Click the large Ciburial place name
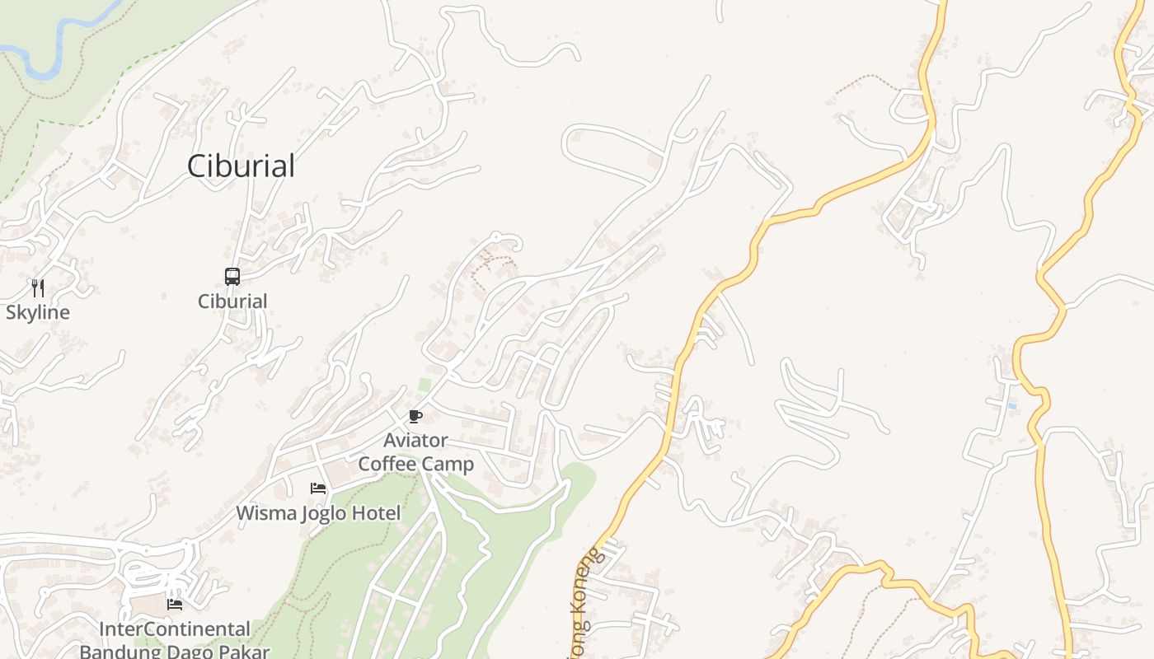241,166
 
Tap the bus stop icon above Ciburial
232,277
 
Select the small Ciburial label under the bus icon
232,301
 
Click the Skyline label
38,313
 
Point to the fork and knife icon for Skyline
37,287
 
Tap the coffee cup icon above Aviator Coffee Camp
415,416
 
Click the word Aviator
415,441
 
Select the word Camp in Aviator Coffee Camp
446,464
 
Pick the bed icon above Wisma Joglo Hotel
318,488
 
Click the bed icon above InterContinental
175,604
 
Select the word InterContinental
174,629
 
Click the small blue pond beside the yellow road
1011,406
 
